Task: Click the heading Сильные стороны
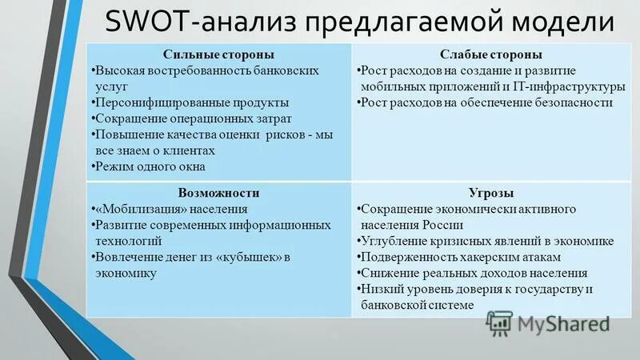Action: (x=218, y=54)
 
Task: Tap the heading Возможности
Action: (x=218, y=193)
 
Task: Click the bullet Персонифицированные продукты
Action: (x=190, y=102)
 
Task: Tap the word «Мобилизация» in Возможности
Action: (x=142, y=209)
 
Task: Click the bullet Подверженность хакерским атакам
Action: (x=460, y=257)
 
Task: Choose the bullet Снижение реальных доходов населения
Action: (x=473, y=273)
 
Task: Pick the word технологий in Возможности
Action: (x=128, y=241)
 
